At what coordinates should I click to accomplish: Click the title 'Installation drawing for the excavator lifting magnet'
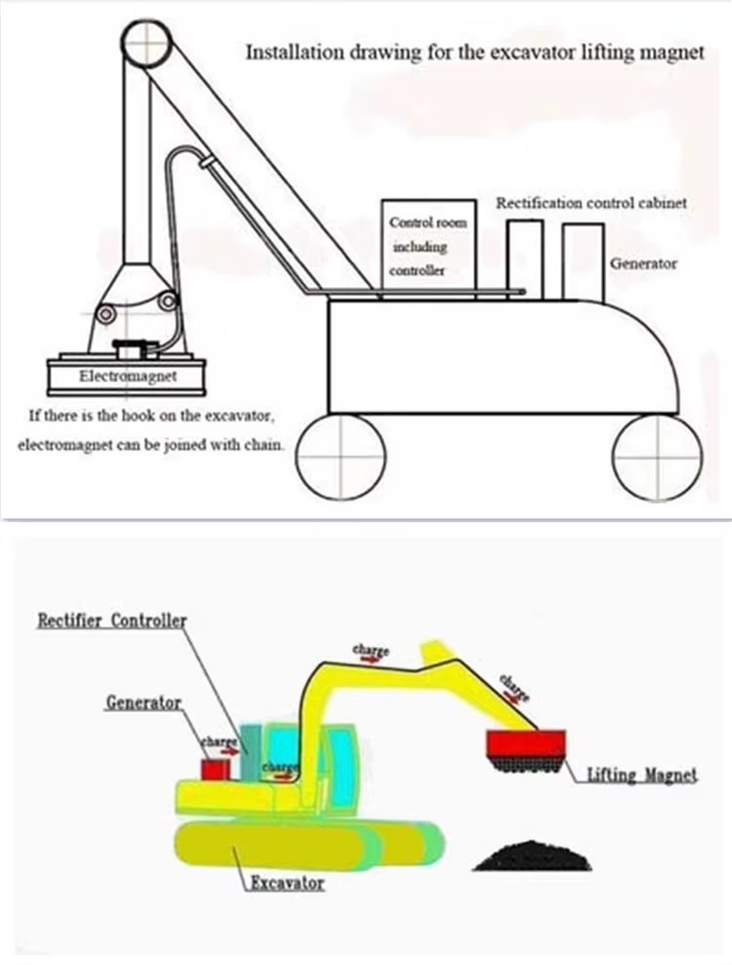tap(473, 52)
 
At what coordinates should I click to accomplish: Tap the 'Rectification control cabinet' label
tap(591, 204)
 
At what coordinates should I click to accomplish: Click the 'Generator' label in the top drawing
tap(643, 263)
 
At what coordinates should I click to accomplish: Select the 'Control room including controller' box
tap(427, 246)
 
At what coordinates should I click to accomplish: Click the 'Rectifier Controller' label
tap(111, 621)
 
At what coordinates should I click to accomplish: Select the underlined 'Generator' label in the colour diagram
tap(143, 703)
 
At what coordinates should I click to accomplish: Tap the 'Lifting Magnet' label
tap(642, 776)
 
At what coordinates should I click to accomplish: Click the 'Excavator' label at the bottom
tap(285, 883)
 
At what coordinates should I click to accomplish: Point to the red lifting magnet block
tap(527, 744)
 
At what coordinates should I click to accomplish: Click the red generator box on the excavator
tap(216, 769)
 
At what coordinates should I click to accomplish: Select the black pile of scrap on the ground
tap(533, 854)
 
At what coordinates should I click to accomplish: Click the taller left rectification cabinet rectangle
tap(525, 258)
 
